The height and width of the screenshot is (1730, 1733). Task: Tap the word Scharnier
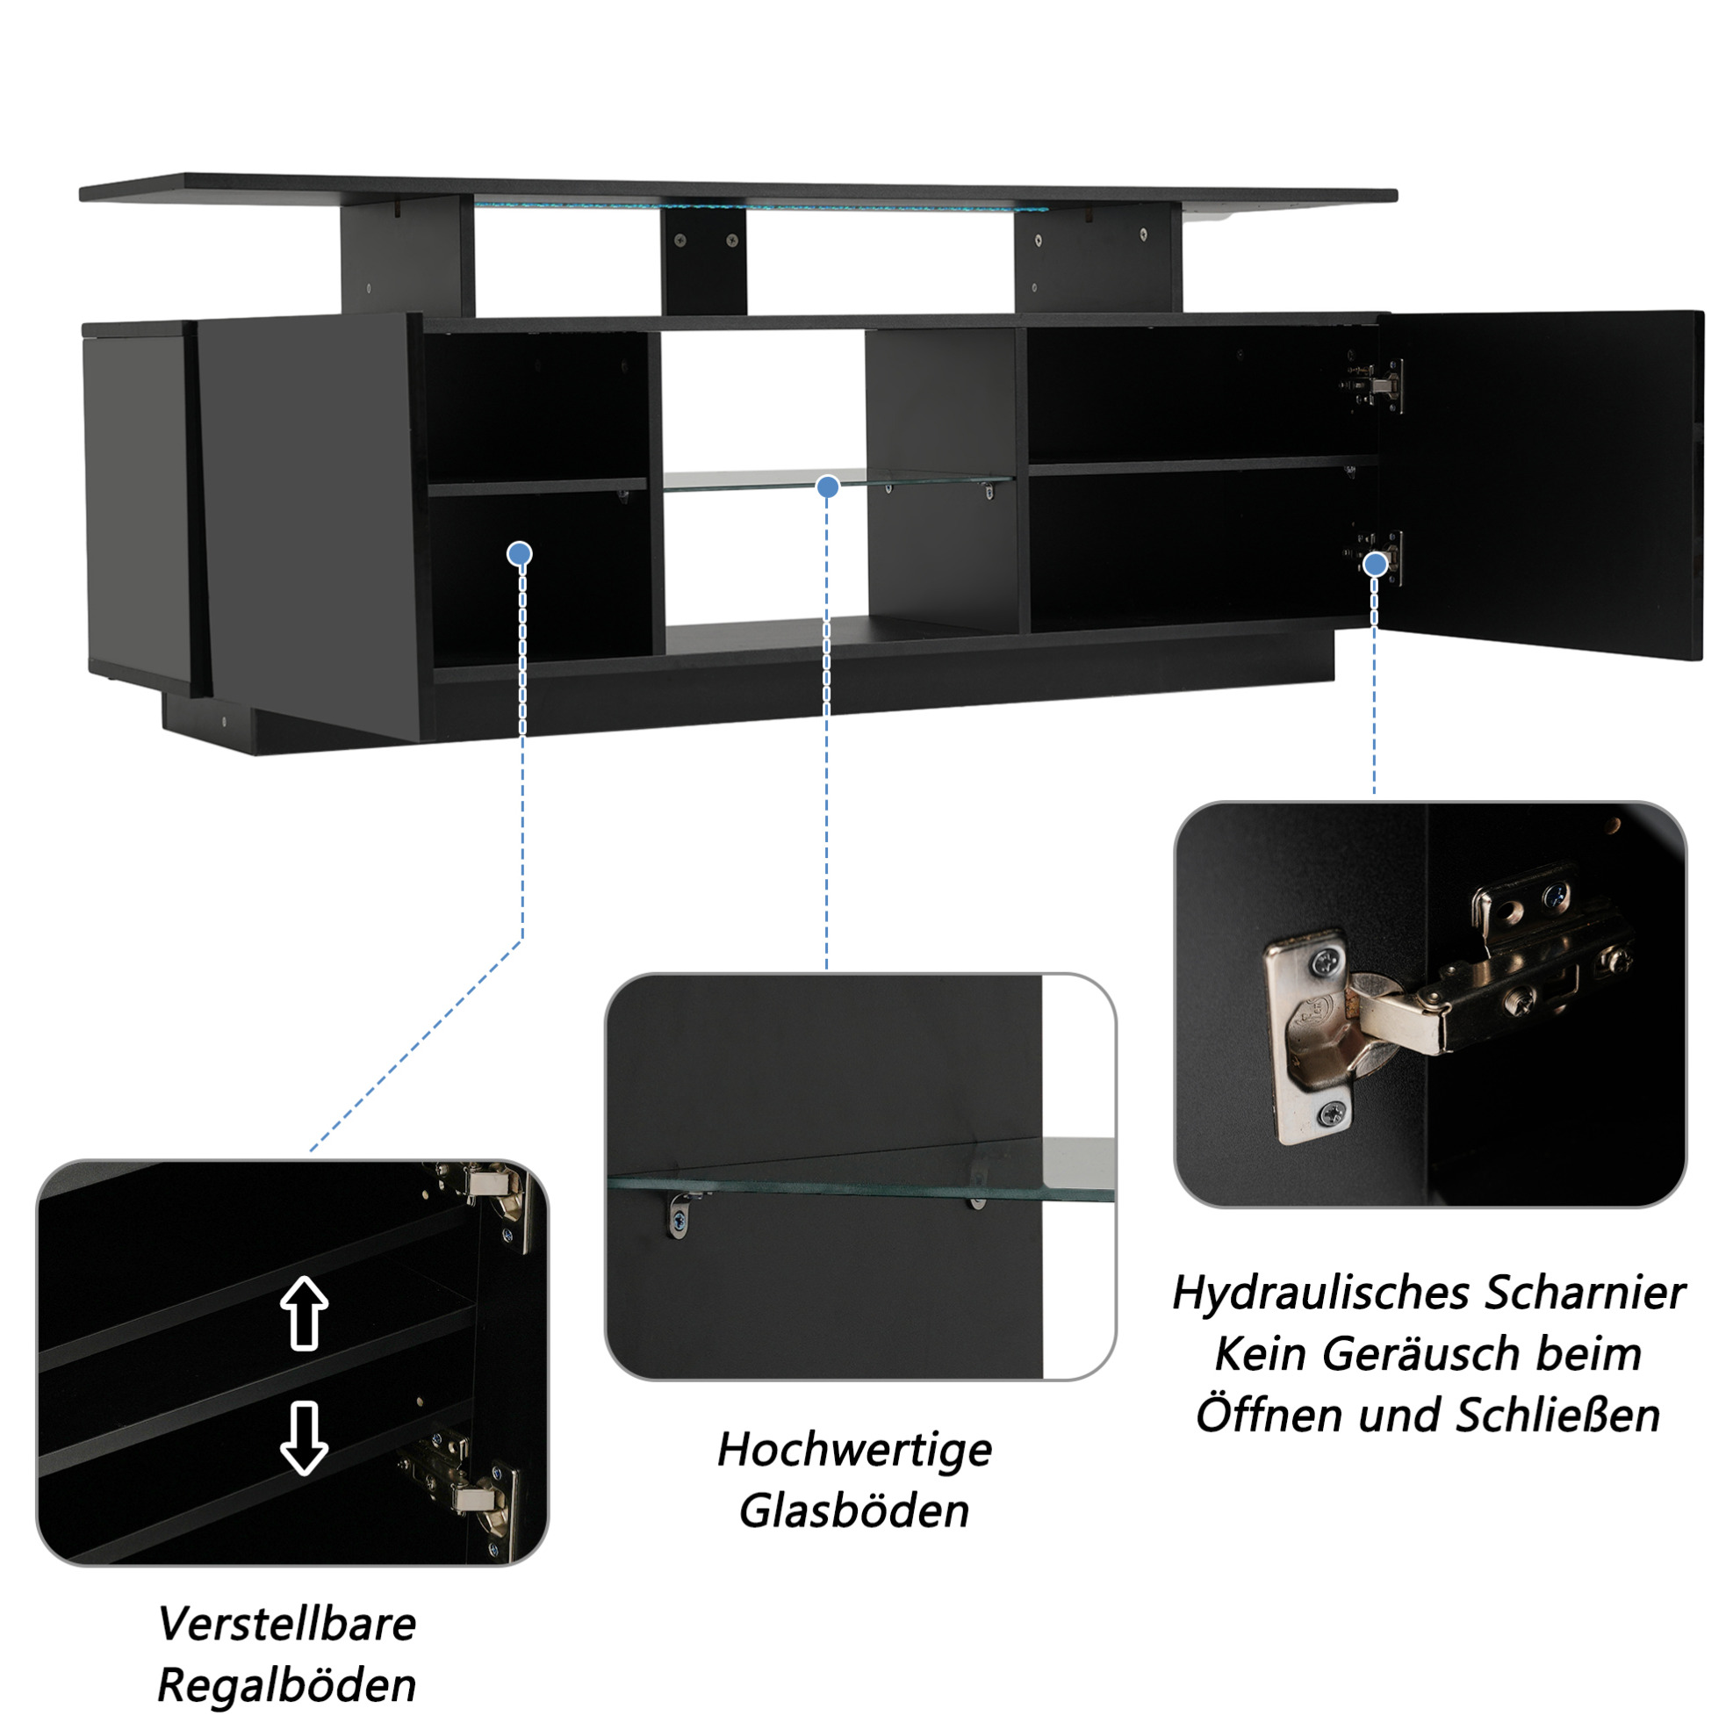1584,1294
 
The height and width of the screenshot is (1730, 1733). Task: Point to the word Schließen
1557,1415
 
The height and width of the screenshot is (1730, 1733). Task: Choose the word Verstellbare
287,1625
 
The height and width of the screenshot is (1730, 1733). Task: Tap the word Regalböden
287,1687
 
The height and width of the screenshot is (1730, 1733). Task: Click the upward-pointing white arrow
304,1312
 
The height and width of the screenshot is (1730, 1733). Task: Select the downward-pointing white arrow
304,1438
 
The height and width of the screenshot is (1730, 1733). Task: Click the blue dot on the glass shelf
827,487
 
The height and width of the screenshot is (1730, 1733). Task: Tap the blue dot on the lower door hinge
1374,565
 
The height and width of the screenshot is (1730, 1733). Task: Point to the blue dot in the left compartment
520,553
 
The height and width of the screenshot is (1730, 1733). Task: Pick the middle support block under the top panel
703,258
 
